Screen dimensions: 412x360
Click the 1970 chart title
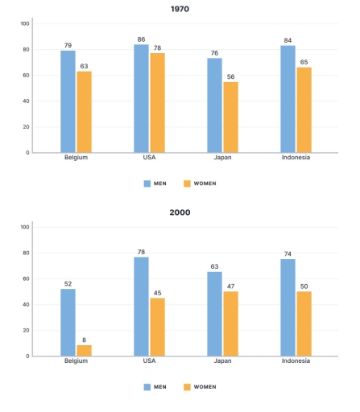180,10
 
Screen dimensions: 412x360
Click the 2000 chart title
180,212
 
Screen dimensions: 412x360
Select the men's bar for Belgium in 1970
68,101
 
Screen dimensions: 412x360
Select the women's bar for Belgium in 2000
84,350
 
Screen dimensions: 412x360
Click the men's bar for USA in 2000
141,306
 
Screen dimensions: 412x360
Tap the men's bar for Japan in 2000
214,314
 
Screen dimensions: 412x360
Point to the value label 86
141,39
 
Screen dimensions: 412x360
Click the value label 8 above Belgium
84,339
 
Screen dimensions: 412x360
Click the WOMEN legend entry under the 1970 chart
200,183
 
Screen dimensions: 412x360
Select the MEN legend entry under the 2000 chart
155,386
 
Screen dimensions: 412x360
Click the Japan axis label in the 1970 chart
222,158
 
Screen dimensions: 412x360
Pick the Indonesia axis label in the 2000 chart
296,361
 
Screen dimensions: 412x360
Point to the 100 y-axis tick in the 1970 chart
24,23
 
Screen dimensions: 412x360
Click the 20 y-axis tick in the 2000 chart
26,330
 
